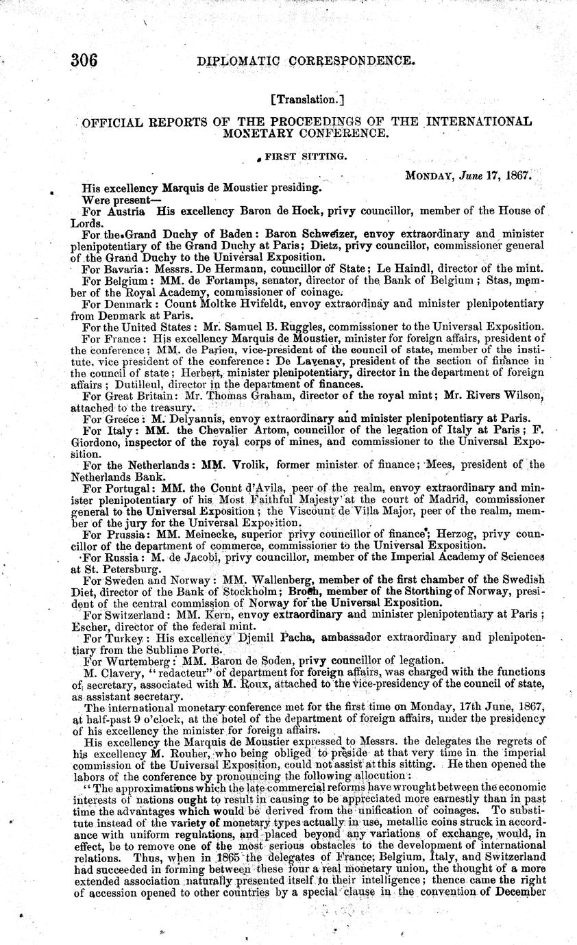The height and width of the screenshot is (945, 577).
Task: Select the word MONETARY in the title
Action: (x=258, y=134)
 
